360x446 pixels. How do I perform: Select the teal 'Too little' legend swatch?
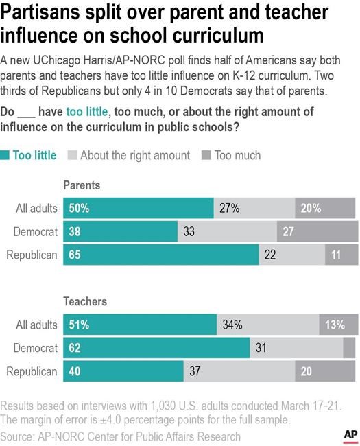point(6,155)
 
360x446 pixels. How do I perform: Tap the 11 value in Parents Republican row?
point(335,255)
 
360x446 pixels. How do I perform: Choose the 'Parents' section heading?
point(82,185)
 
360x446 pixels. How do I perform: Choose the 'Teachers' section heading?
point(84,301)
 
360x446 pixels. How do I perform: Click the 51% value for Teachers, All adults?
point(77,325)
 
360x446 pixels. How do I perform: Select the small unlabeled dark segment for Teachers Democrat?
point(349,348)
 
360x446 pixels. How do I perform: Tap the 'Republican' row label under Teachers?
point(32,371)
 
